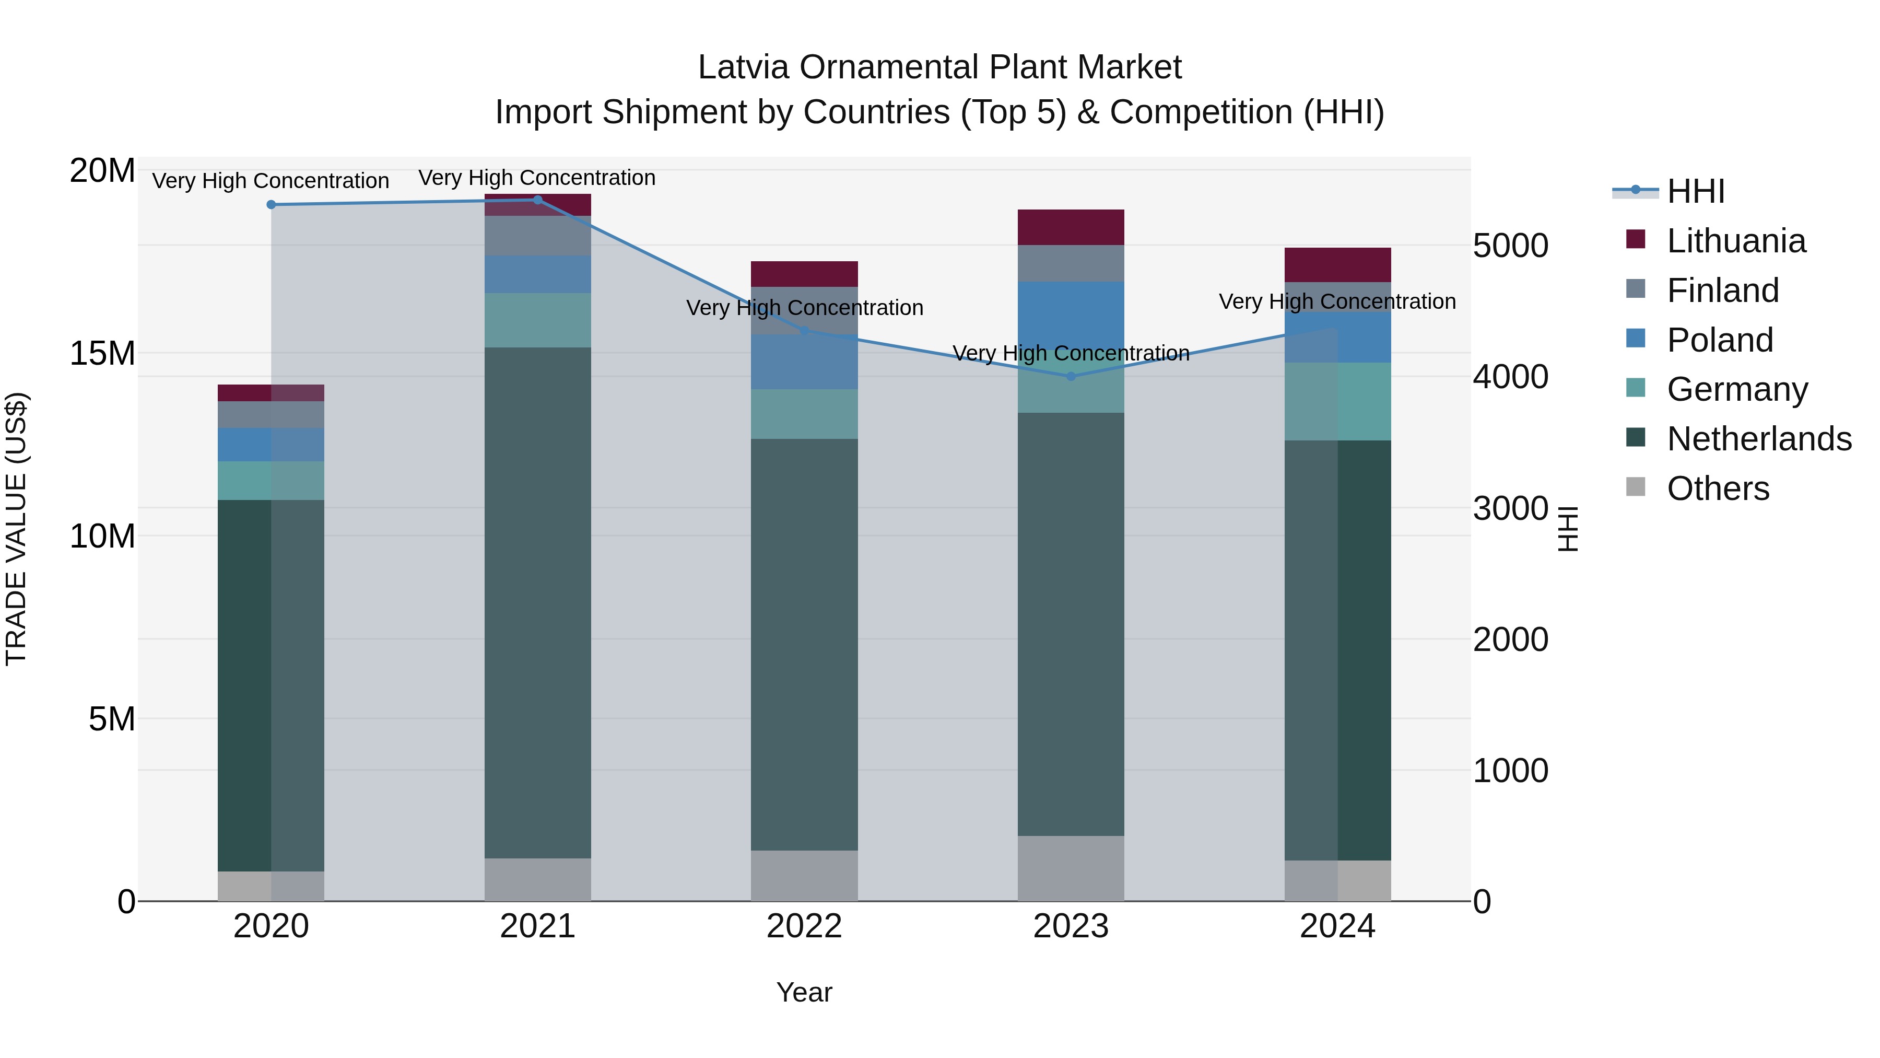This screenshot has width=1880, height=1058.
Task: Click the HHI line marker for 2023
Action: click(x=1071, y=376)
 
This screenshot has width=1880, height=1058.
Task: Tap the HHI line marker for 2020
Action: click(x=271, y=204)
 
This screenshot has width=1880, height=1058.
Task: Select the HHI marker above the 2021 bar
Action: click(x=538, y=200)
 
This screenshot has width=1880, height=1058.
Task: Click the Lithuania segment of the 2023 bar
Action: click(x=1071, y=227)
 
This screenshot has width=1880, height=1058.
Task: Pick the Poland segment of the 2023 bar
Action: click(x=1071, y=314)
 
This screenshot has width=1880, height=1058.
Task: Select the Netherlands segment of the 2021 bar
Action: click(x=538, y=602)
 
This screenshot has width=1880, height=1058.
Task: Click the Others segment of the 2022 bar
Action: click(x=804, y=876)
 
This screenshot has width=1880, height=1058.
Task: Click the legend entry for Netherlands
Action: click(x=1759, y=439)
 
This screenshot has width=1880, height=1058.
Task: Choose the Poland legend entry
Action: click(x=1720, y=340)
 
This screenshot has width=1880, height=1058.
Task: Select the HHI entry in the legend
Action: click(x=1695, y=191)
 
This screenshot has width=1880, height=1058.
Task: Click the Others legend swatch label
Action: click(x=1718, y=489)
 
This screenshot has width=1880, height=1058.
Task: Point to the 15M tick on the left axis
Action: click(x=102, y=353)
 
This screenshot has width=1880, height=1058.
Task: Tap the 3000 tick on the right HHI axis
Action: click(x=1510, y=508)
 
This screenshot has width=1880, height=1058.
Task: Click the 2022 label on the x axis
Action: click(x=804, y=926)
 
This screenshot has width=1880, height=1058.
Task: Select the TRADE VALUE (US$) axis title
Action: click(x=16, y=529)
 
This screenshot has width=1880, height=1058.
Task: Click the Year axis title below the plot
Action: click(x=804, y=992)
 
